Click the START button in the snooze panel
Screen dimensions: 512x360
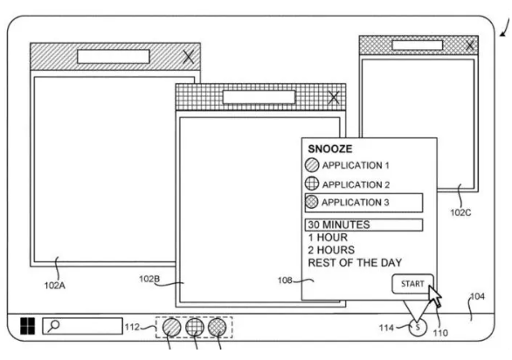[x=412, y=284]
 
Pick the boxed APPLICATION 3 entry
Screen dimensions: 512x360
[x=363, y=203]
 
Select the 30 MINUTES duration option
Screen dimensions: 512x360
[x=363, y=225]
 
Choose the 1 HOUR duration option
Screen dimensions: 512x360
[x=328, y=238]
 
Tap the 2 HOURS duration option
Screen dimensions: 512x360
[x=331, y=250]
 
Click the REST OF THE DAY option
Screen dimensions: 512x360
[x=355, y=263]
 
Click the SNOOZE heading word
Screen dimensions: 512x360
[x=330, y=149]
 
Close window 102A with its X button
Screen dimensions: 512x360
[x=189, y=57]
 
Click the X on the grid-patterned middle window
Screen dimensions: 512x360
[x=334, y=97]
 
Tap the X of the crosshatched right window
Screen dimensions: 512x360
[x=470, y=45]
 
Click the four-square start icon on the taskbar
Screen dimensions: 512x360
[x=27, y=326]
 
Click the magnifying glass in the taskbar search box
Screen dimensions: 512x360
[x=53, y=326]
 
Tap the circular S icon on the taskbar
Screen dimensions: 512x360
[x=418, y=327]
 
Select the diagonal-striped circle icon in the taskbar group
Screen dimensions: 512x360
[x=172, y=327]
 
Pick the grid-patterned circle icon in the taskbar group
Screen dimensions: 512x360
[x=195, y=327]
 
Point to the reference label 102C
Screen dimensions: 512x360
[x=460, y=212]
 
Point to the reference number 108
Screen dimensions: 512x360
[x=285, y=280]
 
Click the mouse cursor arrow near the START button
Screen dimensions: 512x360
[x=434, y=296]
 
